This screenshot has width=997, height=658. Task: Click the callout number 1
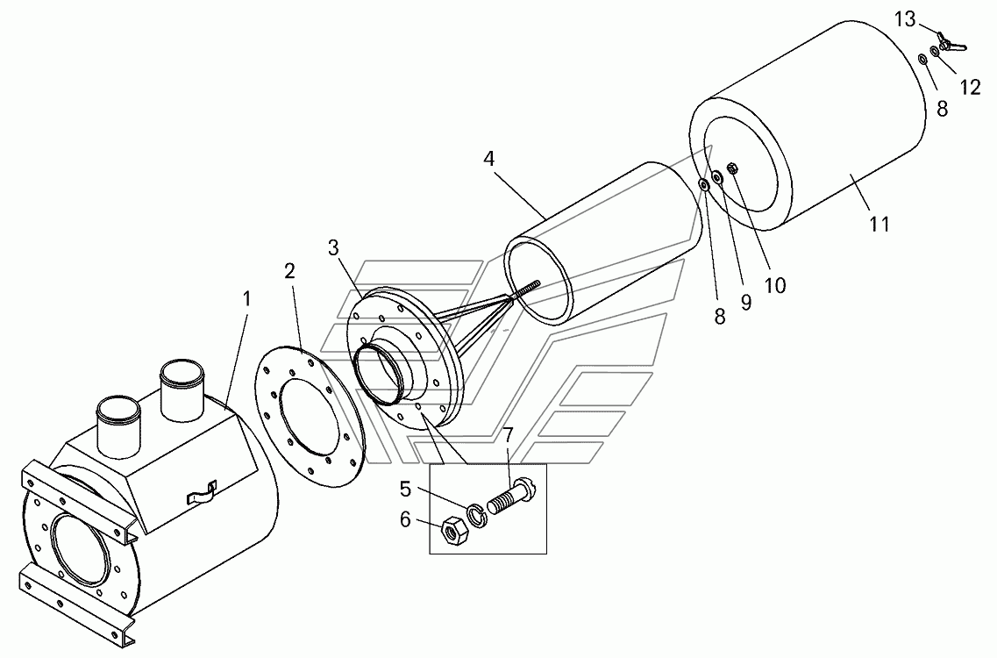(x=246, y=300)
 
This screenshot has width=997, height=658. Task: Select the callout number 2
(x=289, y=272)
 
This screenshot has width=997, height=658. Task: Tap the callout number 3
(x=334, y=248)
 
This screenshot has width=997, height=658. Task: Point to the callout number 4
(x=488, y=159)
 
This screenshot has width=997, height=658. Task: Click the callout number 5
(x=406, y=490)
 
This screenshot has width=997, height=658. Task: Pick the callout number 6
(x=406, y=520)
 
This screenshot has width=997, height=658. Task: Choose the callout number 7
(x=508, y=436)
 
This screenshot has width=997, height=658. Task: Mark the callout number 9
(x=746, y=303)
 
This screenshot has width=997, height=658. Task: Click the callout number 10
(x=775, y=286)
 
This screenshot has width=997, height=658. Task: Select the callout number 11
(x=879, y=224)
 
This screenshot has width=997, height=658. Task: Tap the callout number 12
(x=971, y=87)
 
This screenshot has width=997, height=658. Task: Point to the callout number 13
(x=905, y=19)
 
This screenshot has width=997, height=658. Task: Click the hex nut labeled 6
(x=453, y=531)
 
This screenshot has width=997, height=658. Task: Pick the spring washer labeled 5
(x=475, y=515)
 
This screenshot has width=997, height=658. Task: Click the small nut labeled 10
(x=732, y=169)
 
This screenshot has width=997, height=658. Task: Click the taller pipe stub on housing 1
(x=182, y=391)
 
